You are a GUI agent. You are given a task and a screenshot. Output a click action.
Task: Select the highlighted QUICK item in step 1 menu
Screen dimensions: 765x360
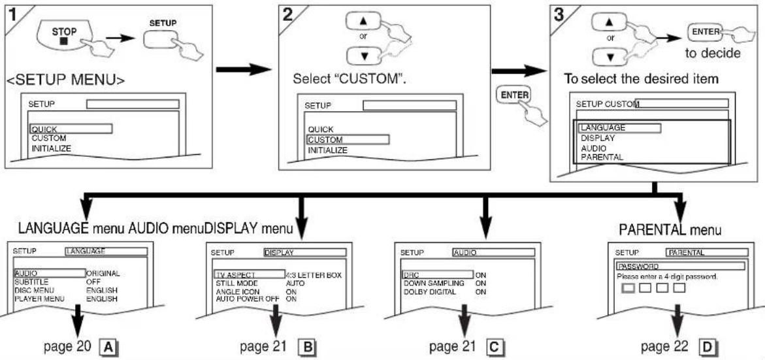[71, 129]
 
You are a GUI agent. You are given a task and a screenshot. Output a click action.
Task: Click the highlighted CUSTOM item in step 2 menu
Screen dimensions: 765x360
[348, 140]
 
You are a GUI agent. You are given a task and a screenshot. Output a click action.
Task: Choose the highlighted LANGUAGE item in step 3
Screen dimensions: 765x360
[619, 128]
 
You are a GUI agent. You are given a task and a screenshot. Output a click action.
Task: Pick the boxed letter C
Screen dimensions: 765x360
[495, 347]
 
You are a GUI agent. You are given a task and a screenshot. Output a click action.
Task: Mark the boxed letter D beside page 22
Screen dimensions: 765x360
[706, 347]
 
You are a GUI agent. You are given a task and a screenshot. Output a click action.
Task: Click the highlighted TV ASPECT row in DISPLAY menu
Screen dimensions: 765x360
[250, 274]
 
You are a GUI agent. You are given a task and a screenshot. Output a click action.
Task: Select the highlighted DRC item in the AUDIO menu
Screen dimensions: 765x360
[438, 274]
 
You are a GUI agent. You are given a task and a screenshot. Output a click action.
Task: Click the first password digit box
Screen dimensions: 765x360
[629, 288]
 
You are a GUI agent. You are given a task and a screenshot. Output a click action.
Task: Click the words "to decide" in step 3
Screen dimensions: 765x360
[711, 54]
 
